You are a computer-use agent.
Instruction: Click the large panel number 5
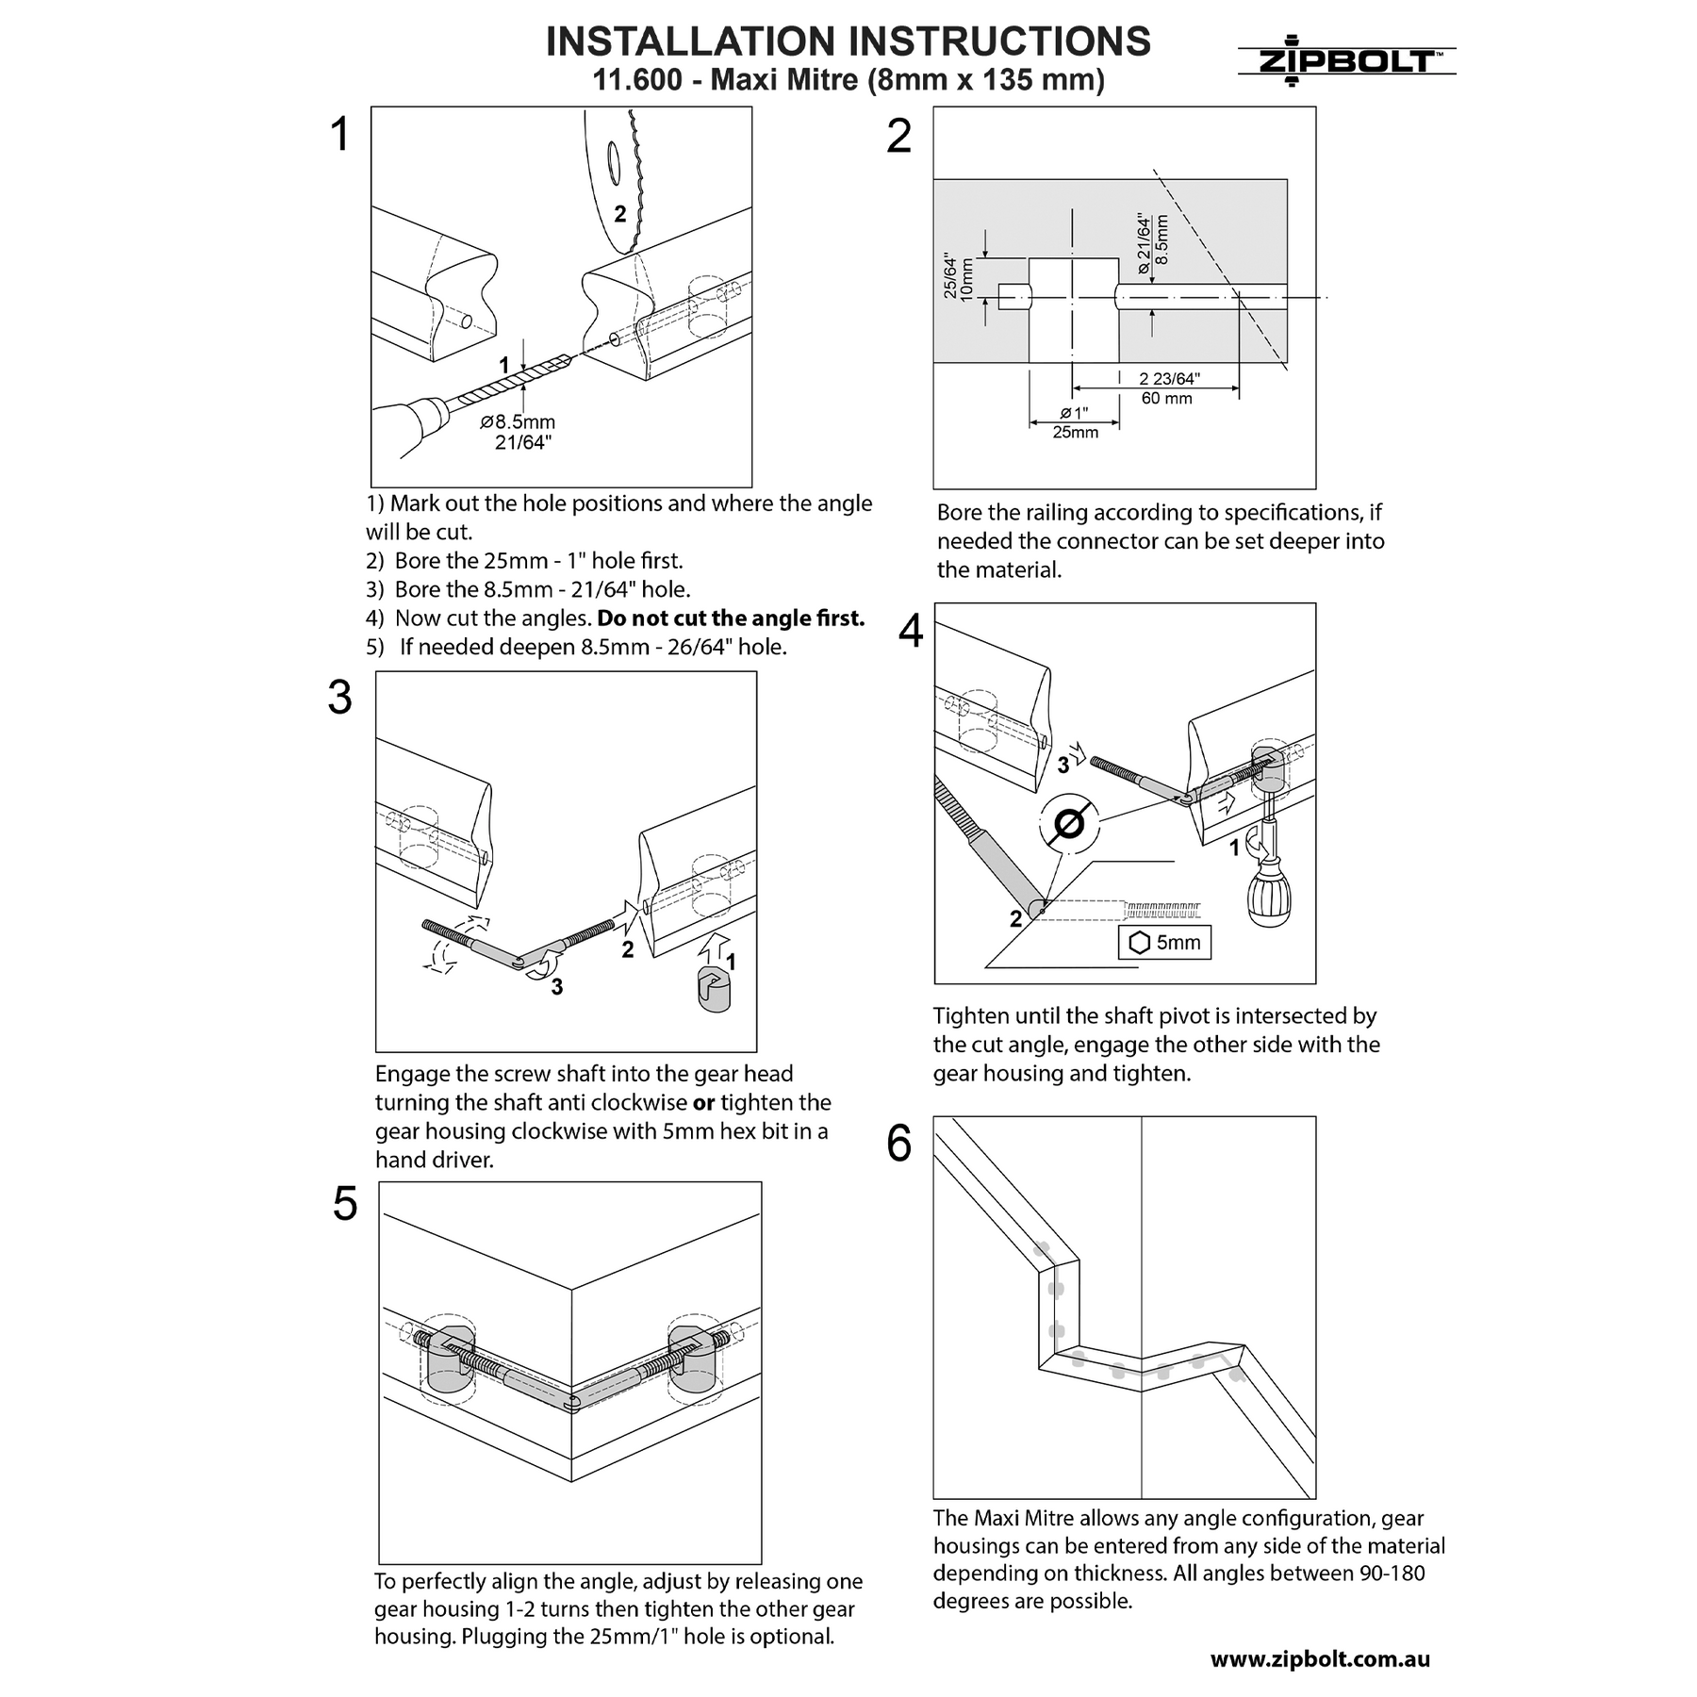coord(345,1205)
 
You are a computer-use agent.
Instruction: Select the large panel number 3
coord(339,699)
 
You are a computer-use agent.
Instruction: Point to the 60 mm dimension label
coord(1166,399)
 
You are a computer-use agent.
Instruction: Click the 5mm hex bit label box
coord(1164,942)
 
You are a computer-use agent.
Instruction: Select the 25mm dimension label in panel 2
coord(1076,433)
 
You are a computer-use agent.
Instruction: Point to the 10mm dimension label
coord(967,278)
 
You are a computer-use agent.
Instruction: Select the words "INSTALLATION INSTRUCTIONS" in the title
coord(848,41)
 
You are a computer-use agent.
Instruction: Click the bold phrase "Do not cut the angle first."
coord(731,618)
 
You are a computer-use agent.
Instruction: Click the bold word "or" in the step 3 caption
coord(703,1102)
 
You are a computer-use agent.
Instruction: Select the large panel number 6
coord(899,1144)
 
